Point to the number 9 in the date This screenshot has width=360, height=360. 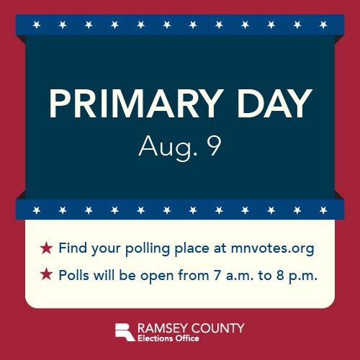point(214,146)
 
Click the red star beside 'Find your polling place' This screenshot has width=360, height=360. point(46,248)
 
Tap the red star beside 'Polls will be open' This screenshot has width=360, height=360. point(46,274)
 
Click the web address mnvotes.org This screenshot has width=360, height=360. point(273,249)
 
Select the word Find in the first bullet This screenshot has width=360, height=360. point(73,248)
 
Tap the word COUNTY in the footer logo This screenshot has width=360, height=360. point(220,328)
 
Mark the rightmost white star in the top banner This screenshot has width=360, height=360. point(323,24)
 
